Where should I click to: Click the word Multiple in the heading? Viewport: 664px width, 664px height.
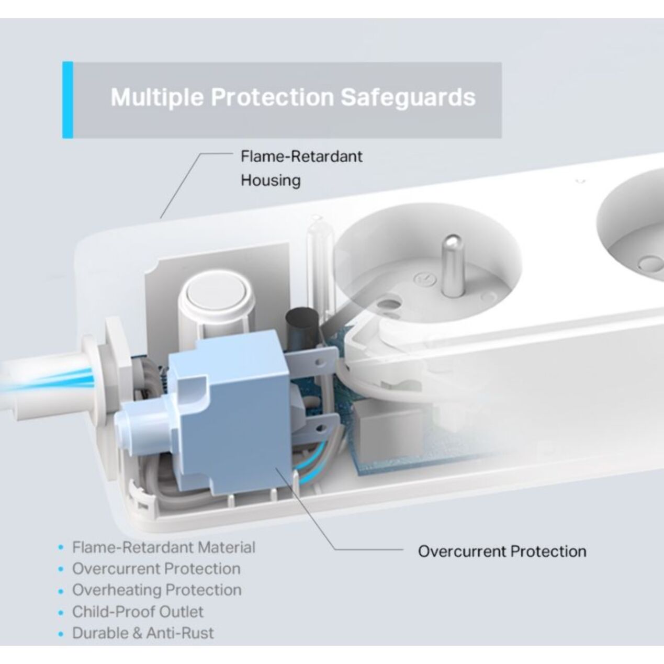click(x=157, y=97)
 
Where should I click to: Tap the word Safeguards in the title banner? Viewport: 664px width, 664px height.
click(x=408, y=97)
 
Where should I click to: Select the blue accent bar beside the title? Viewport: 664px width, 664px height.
click(x=68, y=100)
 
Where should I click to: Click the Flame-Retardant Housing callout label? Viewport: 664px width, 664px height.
click(x=301, y=168)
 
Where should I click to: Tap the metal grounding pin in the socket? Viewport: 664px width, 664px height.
click(x=452, y=265)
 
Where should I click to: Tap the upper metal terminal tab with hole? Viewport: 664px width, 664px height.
click(x=311, y=361)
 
